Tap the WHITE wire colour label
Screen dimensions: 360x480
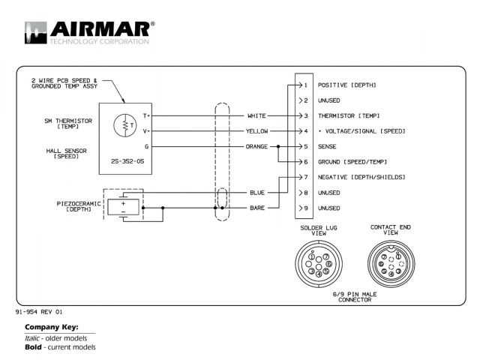pyautogui.click(x=256, y=115)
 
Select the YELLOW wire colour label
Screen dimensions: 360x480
pyautogui.click(x=256, y=131)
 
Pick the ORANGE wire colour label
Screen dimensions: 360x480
pyautogui.click(x=256, y=146)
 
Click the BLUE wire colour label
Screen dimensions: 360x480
pyautogui.click(x=257, y=193)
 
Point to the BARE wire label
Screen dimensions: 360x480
pyautogui.click(x=257, y=208)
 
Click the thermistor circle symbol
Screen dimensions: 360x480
pyautogui.click(x=124, y=125)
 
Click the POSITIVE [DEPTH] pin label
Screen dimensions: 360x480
pyautogui.click(x=346, y=85)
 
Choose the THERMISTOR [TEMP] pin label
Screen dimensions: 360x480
pyautogui.click(x=348, y=115)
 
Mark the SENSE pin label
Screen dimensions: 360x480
pyautogui.click(x=328, y=146)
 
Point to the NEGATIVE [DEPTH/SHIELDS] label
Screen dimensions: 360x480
pyautogui.click(x=361, y=177)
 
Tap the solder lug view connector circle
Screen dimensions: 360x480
pyautogui.click(x=315, y=264)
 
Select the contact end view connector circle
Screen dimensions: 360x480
pyautogui.click(x=390, y=264)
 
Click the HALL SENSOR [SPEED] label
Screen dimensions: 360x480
pyautogui.click(x=65, y=153)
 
